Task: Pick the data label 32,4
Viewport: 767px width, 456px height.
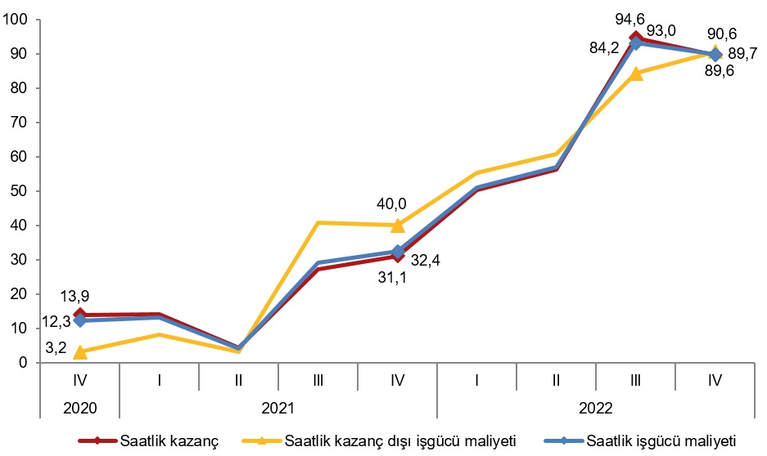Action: tap(426, 262)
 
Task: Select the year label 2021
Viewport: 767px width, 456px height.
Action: tap(277, 406)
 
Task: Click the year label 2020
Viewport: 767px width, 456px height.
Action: tap(79, 406)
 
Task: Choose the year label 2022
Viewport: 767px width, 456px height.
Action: tap(596, 406)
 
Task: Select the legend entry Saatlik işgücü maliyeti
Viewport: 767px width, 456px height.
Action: tap(663, 441)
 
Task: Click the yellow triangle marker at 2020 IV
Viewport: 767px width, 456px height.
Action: tap(79, 352)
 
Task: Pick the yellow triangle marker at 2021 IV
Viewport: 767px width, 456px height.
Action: tap(397, 225)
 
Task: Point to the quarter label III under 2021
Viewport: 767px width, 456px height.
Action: tap(318, 380)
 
